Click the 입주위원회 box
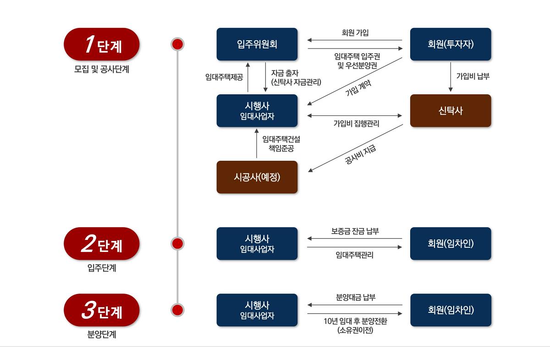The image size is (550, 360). pyautogui.click(x=257, y=44)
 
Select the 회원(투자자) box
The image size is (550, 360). pyautogui.click(x=450, y=44)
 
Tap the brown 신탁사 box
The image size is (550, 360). pyautogui.click(x=450, y=110)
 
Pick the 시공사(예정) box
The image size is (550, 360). pyautogui.click(x=257, y=177)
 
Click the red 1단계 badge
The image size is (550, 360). pyautogui.click(x=101, y=44)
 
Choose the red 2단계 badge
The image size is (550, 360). pyautogui.click(x=101, y=243)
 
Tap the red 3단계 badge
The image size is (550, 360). pyautogui.click(x=101, y=310)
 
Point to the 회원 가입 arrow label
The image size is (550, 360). pyautogui.click(x=355, y=33)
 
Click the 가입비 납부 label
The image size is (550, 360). pyautogui.click(x=473, y=76)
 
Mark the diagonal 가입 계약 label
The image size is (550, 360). pyautogui.click(x=358, y=87)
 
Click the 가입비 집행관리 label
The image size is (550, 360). pyautogui.click(x=356, y=124)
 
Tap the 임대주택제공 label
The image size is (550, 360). pyautogui.click(x=224, y=77)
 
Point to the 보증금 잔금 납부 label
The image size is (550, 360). pyautogui.click(x=355, y=231)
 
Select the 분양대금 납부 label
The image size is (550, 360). pyautogui.click(x=355, y=298)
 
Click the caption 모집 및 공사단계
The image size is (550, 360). pyautogui.click(x=101, y=70)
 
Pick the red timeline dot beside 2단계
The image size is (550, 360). pyautogui.click(x=177, y=243)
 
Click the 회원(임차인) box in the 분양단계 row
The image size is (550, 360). pyautogui.click(x=450, y=310)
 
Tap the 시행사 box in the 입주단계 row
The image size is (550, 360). pyautogui.click(x=257, y=243)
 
